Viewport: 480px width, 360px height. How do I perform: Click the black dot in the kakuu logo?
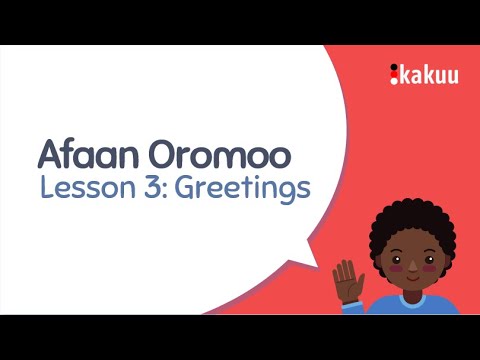(x=394, y=79)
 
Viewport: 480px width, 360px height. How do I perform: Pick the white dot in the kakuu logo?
(x=394, y=67)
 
